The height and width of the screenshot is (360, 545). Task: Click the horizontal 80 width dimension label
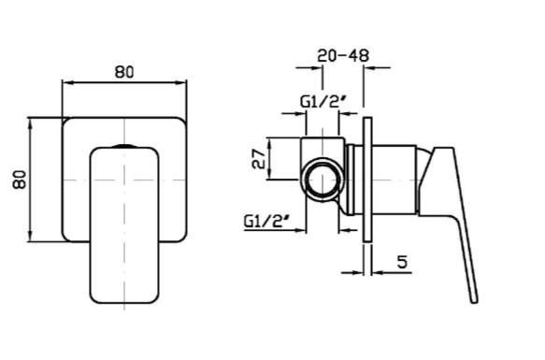pos(124,72)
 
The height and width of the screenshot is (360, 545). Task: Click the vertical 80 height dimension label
pos(20,180)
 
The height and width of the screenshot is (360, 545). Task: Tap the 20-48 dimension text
pos(343,56)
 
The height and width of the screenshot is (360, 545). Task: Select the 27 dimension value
pos(258,159)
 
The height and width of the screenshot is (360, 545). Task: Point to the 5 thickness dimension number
pos(402,262)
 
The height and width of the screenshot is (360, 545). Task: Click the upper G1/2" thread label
pos(323,102)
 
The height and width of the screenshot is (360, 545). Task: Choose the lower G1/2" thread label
pos(266,221)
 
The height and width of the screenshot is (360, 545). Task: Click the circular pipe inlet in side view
pos(323,180)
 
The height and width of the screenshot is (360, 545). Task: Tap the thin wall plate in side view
pos(367,180)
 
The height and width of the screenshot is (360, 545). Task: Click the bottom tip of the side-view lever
pos(475,301)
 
